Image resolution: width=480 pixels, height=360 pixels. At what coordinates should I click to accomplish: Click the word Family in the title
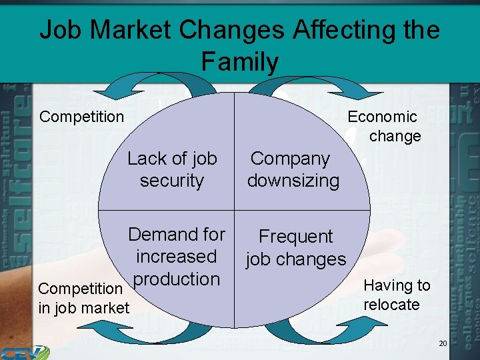pyautogui.click(x=239, y=62)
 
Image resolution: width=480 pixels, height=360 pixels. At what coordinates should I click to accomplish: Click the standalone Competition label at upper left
pyautogui.click(x=81, y=117)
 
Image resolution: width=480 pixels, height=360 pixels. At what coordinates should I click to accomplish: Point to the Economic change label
pyautogui.click(x=384, y=126)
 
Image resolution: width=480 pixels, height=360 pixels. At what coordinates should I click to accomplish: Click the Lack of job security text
pyautogui.click(x=172, y=169)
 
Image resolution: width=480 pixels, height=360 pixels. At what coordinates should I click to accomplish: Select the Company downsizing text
pyautogui.click(x=293, y=169)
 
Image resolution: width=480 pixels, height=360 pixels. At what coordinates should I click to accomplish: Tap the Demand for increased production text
pyautogui.click(x=177, y=257)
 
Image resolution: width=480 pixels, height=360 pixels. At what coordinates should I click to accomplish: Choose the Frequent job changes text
pyautogui.click(x=295, y=247)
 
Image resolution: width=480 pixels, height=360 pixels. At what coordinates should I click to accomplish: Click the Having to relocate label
pyautogui.click(x=396, y=295)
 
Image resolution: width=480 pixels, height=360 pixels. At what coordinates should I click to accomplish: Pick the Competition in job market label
pyautogui.click(x=83, y=298)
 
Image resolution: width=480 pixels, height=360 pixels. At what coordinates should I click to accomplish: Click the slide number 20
pyautogui.click(x=443, y=343)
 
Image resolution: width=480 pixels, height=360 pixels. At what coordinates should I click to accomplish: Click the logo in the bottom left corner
pyautogui.click(x=24, y=351)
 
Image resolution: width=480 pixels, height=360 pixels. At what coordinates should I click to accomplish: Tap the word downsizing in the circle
pyautogui.click(x=293, y=181)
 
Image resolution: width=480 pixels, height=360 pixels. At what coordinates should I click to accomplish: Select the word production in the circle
pyautogui.click(x=177, y=279)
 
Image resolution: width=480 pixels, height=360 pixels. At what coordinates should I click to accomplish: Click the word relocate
pyautogui.click(x=391, y=305)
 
